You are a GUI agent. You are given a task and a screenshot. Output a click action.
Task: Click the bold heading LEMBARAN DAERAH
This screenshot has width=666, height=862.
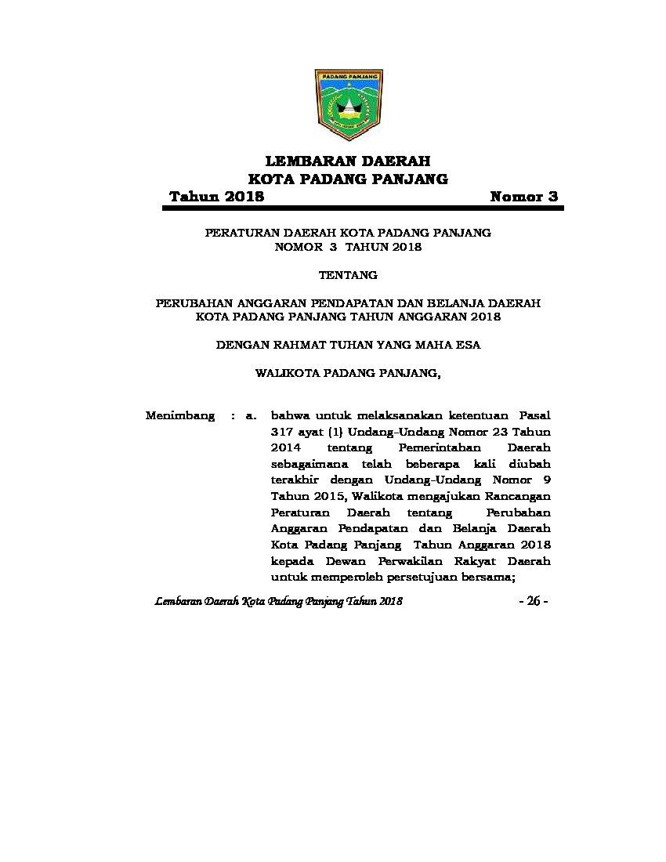[x=348, y=161]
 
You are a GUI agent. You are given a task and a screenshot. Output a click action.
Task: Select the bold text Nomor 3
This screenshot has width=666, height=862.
[x=523, y=197]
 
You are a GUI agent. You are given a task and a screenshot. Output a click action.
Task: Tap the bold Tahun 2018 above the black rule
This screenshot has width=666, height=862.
[x=217, y=197]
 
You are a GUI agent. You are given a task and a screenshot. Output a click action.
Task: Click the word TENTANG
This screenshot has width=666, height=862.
[x=348, y=275]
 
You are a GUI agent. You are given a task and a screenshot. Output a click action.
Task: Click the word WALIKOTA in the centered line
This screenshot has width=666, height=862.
[x=285, y=374]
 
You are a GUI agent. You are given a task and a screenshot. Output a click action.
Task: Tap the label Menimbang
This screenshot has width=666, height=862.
[x=180, y=416]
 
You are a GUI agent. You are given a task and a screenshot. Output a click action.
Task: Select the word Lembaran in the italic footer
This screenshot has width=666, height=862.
[x=178, y=601]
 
